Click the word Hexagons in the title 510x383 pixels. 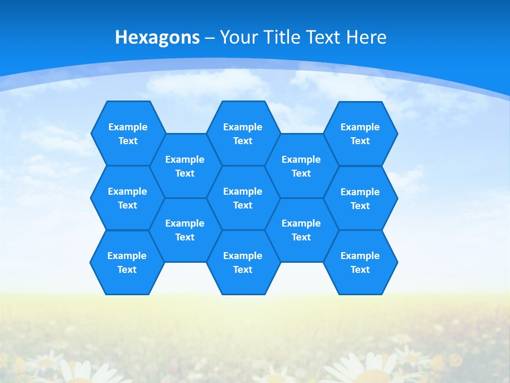[x=157, y=37]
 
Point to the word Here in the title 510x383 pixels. [x=367, y=37]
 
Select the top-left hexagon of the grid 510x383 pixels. [x=127, y=134]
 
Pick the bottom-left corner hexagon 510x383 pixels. [x=127, y=262]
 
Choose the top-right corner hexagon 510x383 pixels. [x=360, y=134]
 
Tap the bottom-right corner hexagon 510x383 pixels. [x=360, y=262]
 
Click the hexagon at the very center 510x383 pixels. [x=243, y=198]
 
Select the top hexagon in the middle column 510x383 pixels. [x=243, y=134]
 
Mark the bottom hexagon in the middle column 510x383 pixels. [x=243, y=262]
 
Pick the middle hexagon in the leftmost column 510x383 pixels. [x=127, y=198]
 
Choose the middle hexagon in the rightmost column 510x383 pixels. [x=360, y=198]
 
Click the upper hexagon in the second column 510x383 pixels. [x=185, y=166]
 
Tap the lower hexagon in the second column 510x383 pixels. [x=185, y=230]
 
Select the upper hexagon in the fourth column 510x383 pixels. [x=301, y=166]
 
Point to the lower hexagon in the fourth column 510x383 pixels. [x=301, y=230]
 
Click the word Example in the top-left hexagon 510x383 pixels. [x=127, y=127]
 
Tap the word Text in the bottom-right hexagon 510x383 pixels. [x=360, y=270]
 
